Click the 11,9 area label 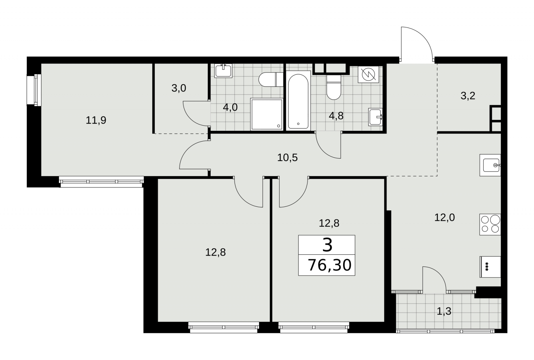pyautogui.click(x=96, y=120)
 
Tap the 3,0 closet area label pyautogui.click(x=179, y=88)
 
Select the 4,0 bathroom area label pyautogui.click(x=230, y=108)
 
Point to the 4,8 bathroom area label pyautogui.click(x=336, y=116)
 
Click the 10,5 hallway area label pyautogui.click(x=287, y=158)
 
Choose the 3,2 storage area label pyautogui.click(x=468, y=96)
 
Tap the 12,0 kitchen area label pyautogui.click(x=445, y=218)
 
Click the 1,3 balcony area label pyautogui.click(x=444, y=311)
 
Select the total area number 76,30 pyautogui.click(x=330, y=265)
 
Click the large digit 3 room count pyautogui.click(x=327, y=245)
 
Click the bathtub pyautogui.click(x=298, y=101)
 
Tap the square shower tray pyautogui.click(x=267, y=115)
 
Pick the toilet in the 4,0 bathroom pyautogui.click(x=271, y=80)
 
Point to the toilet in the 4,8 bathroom pyautogui.click(x=334, y=87)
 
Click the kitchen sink pyautogui.click(x=490, y=165)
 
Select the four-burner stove pyautogui.click(x=490, y=224)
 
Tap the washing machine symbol pyautogui.click(x=368, y=74)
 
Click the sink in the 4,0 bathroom pyautogui.click(x=223, y=70)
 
